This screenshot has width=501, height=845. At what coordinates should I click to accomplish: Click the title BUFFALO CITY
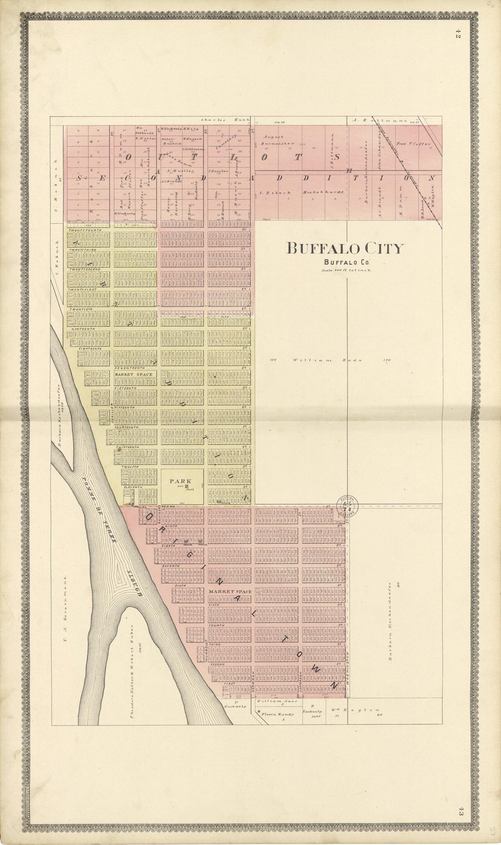(345, 248)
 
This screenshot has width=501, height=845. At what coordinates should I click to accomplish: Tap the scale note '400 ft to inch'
(345, 270)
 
